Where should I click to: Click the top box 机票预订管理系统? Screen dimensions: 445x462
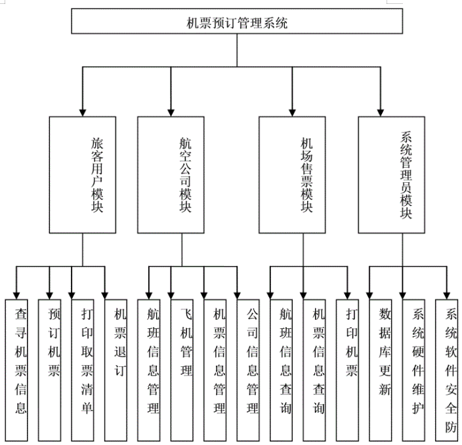point(237,23)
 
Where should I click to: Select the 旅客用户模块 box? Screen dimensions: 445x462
point(83,174)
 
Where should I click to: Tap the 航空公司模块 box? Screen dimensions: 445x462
point(171,174)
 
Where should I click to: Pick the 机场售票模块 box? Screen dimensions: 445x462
point(292,174)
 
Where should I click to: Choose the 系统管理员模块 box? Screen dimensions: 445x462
point(392,174)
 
